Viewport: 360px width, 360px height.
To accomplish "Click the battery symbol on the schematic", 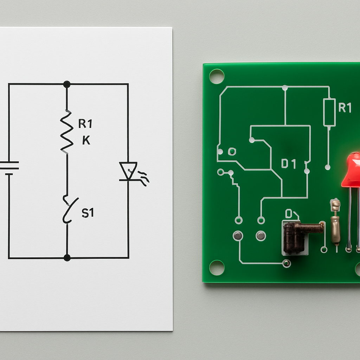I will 9,168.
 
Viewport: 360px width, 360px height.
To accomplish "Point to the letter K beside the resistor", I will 86,141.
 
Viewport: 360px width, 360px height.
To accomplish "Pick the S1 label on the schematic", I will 88,213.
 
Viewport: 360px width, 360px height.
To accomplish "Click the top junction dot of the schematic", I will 67,84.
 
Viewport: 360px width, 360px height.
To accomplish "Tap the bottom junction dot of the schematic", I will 67,258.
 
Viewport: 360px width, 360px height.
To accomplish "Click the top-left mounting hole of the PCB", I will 217,76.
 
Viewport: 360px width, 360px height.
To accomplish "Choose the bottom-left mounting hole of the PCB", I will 217,268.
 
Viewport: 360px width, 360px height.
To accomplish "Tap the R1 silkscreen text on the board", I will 345,108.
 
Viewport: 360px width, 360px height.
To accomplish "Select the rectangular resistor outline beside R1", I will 329,112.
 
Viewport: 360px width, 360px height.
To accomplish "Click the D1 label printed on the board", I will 289,164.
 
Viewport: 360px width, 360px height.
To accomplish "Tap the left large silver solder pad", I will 238,236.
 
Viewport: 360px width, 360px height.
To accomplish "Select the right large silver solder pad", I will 261,236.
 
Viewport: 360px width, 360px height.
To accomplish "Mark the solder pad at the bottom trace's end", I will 287,263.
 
